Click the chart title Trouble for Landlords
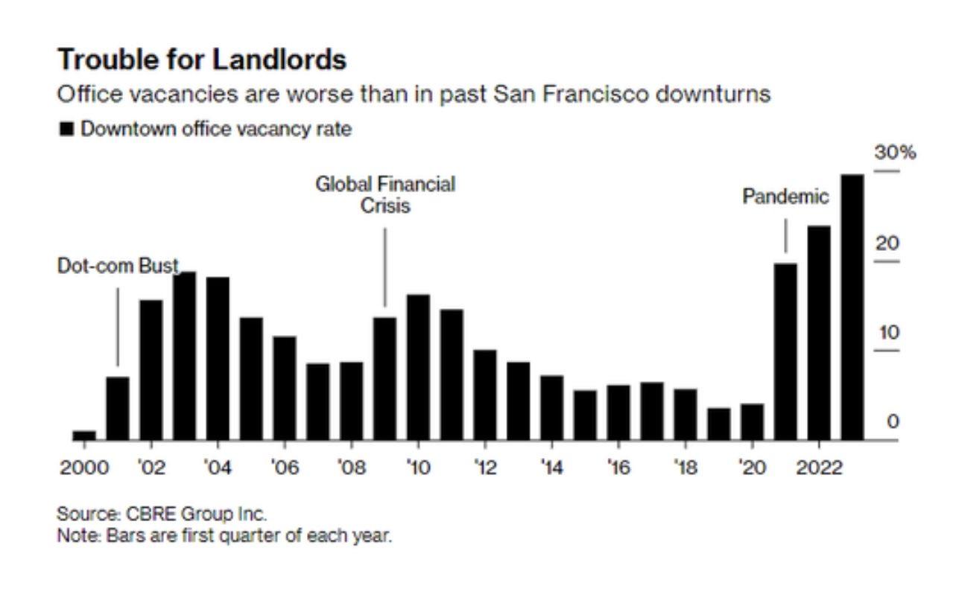pos(202,60)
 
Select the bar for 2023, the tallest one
pos(852,307)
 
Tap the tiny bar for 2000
pos(84,435)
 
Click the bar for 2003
pos(184,356)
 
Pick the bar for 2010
pos(418,367)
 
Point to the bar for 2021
pos(785,351)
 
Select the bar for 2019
pos(719,424)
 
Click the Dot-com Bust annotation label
pos(118,266)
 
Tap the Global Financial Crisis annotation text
pos(385,194)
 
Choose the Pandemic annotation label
pos(785,197)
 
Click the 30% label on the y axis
pos(895,153)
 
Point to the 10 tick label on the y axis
pos(889,332)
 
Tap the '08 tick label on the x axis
pos(351,468)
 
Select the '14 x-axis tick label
pos(551,468)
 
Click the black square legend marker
pos(66,129)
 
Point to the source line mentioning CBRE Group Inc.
pos(162,514)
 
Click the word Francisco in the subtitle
pos(578,95)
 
